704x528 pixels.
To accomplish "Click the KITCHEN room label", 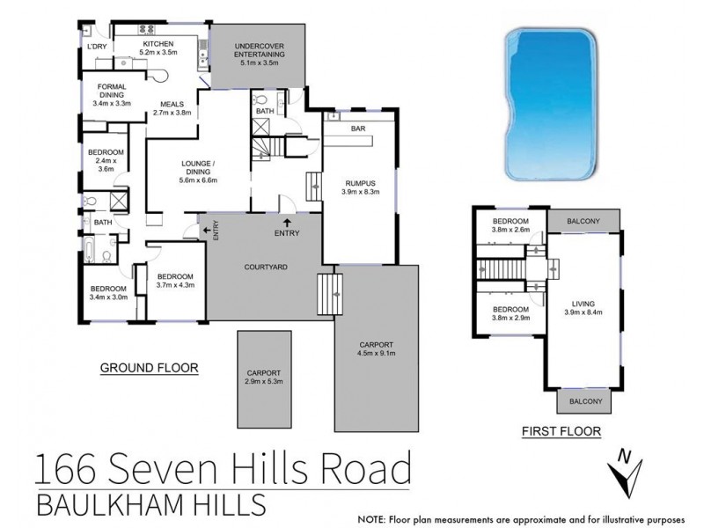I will [x=158, y=44].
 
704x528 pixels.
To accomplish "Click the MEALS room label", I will [x=172, y=103].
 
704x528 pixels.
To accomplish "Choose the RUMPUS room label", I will [x=359, y=183].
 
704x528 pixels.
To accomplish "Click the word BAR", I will [x=358, y=128].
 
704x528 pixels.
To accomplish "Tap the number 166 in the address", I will [x=62, y=467].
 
